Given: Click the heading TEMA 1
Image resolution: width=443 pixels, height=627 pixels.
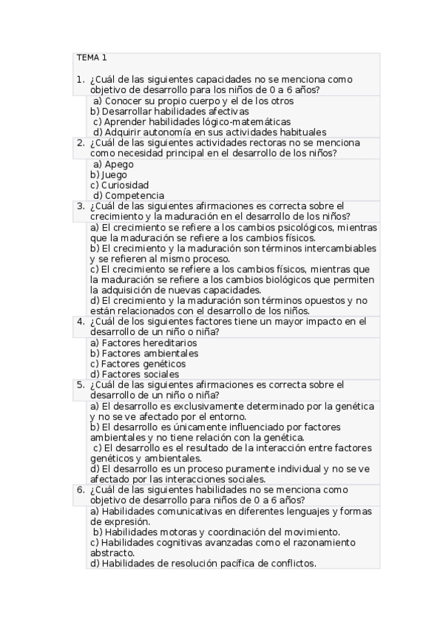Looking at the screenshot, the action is (92, 58).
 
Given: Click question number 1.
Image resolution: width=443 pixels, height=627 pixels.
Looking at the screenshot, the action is (80, 79).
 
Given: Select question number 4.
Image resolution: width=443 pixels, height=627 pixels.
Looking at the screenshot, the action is (80, 322).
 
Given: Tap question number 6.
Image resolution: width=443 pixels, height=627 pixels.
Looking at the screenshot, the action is (80, 489).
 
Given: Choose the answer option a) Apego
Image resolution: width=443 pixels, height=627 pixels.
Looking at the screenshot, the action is (114, 164).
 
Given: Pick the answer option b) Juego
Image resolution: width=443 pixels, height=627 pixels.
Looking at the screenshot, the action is (109, 174).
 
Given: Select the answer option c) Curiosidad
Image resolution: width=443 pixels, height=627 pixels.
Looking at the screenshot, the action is (119, 185).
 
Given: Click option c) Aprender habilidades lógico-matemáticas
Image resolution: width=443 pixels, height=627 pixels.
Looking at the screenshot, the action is (192, 121).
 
